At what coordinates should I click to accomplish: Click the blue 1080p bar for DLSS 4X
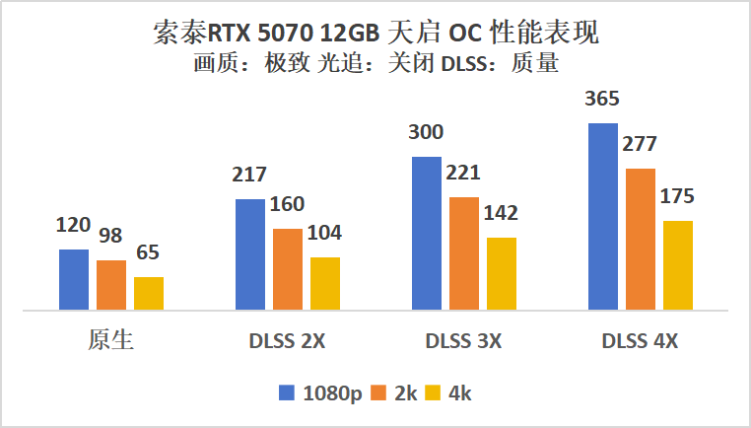pyautogui.click(x=603, y=217)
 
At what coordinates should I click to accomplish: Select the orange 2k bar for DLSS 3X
pyautogui.click(x=464, y=253)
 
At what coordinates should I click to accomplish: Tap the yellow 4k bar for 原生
pyautogui.click(x=149, y=294)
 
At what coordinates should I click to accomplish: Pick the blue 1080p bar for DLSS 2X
pyautogui.click(x=250, y=254)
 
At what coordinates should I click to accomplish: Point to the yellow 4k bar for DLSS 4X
pyautogui.click(x=678, y=265)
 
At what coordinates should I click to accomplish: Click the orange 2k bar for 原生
pyautogui.click(x=111, y=285)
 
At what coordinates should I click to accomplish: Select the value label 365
pyautogui.click(x=603, y=99)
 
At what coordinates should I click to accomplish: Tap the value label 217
pyautogui.click(x=250, y=175)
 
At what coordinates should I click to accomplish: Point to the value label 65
pyautogui.click(x=149, y=252)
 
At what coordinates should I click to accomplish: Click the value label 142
pyautogui.click(x=501, y=213)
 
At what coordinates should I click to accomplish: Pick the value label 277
pyautogui.click(x=641, y=144)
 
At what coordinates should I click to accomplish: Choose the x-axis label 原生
pyautogui.click(x=110, y=341)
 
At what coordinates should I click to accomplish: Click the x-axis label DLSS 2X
pyautogui.click(x=287, y=342)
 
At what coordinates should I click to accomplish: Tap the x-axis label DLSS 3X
pyautogui.click(x=463, y=342)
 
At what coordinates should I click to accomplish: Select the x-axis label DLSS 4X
pyautogui.click(x=640, y=342)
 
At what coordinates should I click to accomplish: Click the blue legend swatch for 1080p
pyautogui.click(x=286, y=392)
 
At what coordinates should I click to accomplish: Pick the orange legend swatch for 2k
pyautogui.click(x=384, y=392)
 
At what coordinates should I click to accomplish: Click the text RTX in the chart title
pyautogui.click(x=231, y=34)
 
